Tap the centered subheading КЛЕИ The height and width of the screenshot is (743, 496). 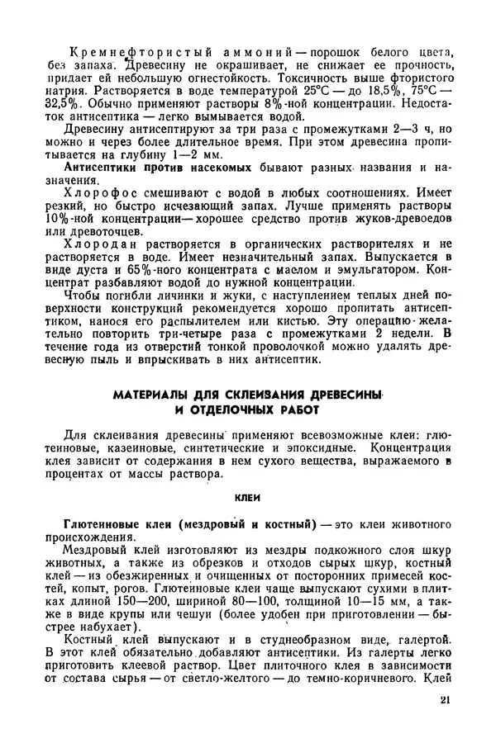tap(248, 498)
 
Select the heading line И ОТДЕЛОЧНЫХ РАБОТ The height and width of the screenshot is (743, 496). tap(247, 410)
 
